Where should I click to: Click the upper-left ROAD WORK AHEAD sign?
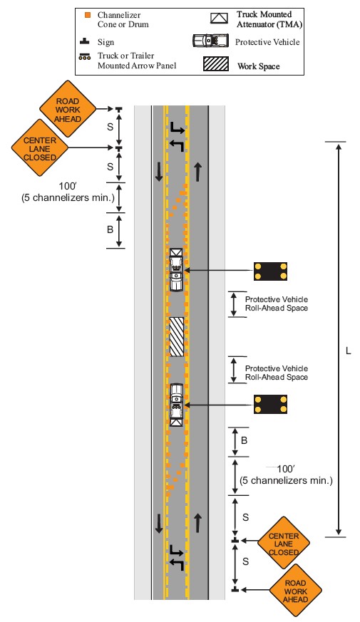[x=68, y=109]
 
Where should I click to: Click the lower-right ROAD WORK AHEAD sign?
[x=295, y=591]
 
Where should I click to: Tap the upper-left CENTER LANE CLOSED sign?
[x=40, y=147]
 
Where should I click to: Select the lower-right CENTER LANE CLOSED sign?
[x=284, y=543]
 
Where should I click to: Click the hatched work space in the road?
[x=177, y=337]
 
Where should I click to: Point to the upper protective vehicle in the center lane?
[x=176, y=270]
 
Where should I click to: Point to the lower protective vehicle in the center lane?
[x=177, y=405]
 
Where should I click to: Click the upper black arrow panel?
[x=270, y=271]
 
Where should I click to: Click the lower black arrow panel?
[x=270, y=405]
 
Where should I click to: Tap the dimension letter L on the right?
[x=348, y=351]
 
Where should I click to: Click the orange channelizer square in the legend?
[x=87, y=16]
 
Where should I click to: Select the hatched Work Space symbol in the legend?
[x=216, y=64]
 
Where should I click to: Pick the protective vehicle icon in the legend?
[x=211, y=41]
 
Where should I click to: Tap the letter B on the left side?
[x=110, y=229]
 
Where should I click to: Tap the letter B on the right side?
[x=244, y=441]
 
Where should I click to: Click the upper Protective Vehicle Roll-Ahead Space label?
[x=277, y=304]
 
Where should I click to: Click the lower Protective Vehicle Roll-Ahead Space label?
[x=277, y=373]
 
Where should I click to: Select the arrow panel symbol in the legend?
[x=85, y=57]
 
